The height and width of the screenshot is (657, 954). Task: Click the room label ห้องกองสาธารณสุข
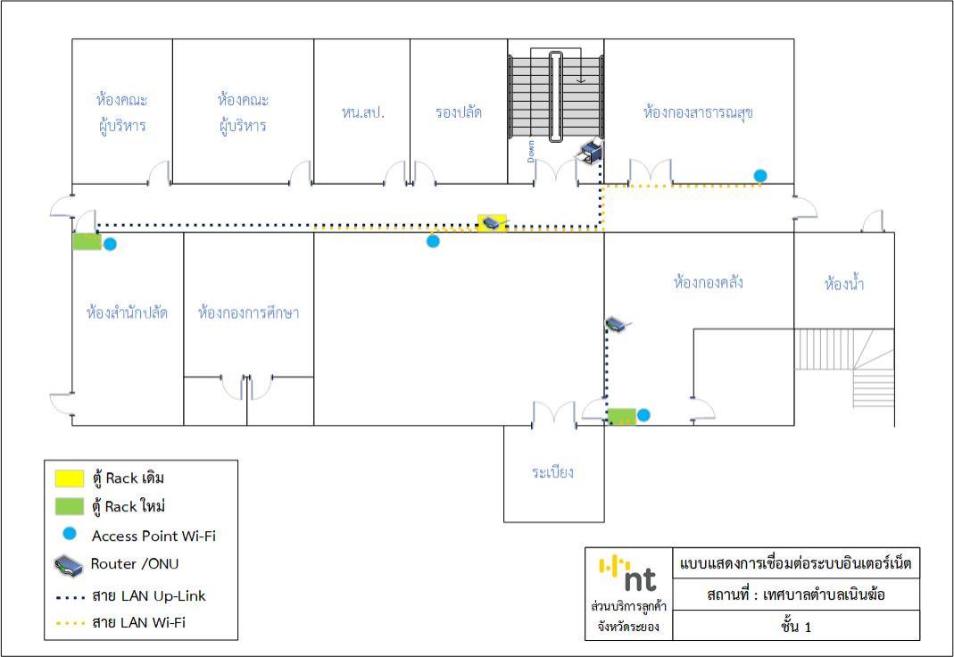[x=699, y=112]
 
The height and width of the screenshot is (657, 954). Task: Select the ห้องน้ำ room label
[x=844, y=285]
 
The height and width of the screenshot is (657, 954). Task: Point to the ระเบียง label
[x=552, y=472]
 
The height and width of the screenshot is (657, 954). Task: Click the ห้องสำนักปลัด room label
[x=127, y=312]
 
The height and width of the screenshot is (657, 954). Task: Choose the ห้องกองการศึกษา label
[x=248, y=312]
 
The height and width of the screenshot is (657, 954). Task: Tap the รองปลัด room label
[x=459, y=112]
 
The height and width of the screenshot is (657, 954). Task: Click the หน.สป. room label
[x=362, y=112]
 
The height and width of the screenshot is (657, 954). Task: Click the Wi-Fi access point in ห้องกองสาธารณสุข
[x=759, y=175]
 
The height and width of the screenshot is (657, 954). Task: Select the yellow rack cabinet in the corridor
[x=492, y=222]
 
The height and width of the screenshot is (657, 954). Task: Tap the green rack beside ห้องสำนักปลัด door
[x=87, y=241]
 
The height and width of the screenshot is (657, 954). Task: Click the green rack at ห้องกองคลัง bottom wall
[x=622, y=415]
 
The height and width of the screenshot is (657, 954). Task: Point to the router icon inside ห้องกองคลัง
[x=617, y=323]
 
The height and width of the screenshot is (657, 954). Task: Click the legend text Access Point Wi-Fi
[x=153, y=536]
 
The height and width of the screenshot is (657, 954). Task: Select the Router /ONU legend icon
[x=70, y=565]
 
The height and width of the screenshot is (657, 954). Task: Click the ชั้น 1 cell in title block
[x=795, y=626]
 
